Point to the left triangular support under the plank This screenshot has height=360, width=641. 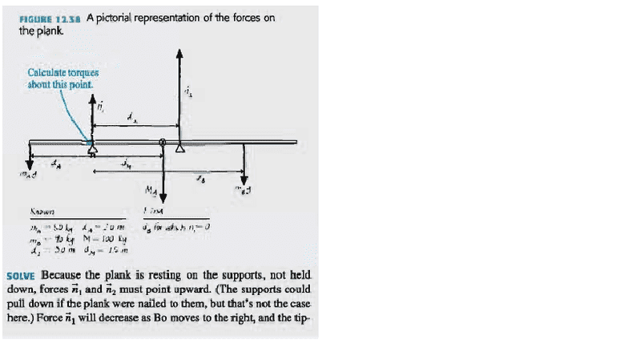[x=93, y=149]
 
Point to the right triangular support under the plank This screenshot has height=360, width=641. [x=181, y=149]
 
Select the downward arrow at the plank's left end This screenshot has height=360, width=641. [x=30, y=160]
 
